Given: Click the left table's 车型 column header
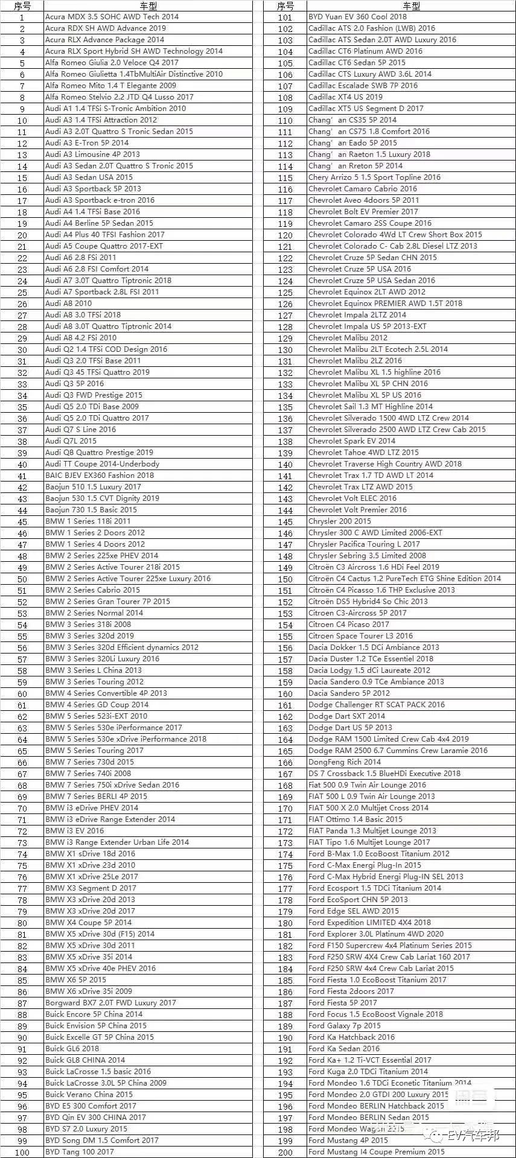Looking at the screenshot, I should point(148,6).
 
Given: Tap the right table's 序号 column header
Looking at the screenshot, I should point(285,6).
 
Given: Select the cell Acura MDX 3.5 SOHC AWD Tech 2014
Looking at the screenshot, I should point(112,17).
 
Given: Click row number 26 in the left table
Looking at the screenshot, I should point(22,304).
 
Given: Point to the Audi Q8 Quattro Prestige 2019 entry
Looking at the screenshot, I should point(99,453).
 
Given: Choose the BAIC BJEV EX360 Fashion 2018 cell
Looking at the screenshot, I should point(100,476).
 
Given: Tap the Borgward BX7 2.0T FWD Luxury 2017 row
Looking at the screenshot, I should point(110,1003).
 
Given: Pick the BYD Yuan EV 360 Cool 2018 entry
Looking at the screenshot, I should point(357,17).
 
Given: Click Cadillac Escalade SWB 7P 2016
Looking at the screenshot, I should point(363,86).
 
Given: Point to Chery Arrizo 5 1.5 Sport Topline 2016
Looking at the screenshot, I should point(374,177).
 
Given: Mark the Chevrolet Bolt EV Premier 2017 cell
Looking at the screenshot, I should point(363,212).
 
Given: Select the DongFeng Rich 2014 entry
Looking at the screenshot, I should point(345,762).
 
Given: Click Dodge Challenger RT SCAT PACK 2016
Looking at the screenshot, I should point(377,705).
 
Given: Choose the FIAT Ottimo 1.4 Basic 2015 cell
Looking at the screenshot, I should point(355,819).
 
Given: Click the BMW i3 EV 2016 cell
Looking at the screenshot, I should point(74,831).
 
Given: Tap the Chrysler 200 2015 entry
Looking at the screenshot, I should point(340,521).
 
